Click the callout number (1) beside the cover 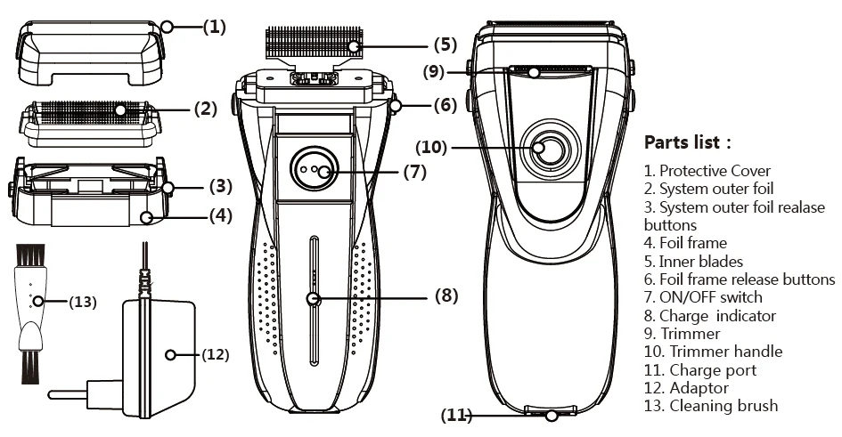click(214, 27)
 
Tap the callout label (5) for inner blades click(446, 44)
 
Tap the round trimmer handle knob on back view click(548, 150)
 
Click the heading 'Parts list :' click(687, 142)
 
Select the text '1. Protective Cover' click(707, 171)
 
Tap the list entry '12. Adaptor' click(686, 388)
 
